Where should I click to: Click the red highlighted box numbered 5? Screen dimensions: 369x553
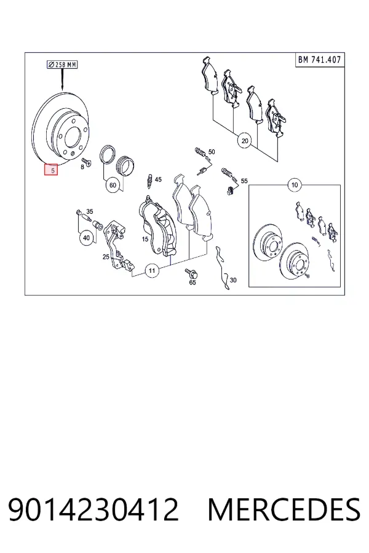[51, 170]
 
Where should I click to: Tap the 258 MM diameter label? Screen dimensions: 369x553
[63, 65]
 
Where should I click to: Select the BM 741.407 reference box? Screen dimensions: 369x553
[320, 60]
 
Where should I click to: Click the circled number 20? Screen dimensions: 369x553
[245, 141]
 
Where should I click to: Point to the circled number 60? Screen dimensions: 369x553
[113, 185]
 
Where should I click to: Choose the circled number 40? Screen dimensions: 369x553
[87, 238]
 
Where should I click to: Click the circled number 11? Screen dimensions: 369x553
[152, 271]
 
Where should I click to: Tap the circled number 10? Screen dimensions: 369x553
[295, 184]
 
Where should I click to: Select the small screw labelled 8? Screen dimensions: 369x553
[87, 162]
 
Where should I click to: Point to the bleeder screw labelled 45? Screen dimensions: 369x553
[149, 181]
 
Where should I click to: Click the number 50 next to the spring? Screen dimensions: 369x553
[212, 152]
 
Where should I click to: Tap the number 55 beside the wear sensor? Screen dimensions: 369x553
[244, 181]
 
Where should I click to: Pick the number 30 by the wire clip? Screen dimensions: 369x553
[233, 280]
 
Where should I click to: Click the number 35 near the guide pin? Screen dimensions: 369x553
[90, 211]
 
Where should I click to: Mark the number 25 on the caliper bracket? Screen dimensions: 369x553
[106, 257]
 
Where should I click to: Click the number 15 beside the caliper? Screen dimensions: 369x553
[145, 239]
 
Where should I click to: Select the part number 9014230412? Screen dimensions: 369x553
[93, 509]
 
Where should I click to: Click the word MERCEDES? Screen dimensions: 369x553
[284, 509]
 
